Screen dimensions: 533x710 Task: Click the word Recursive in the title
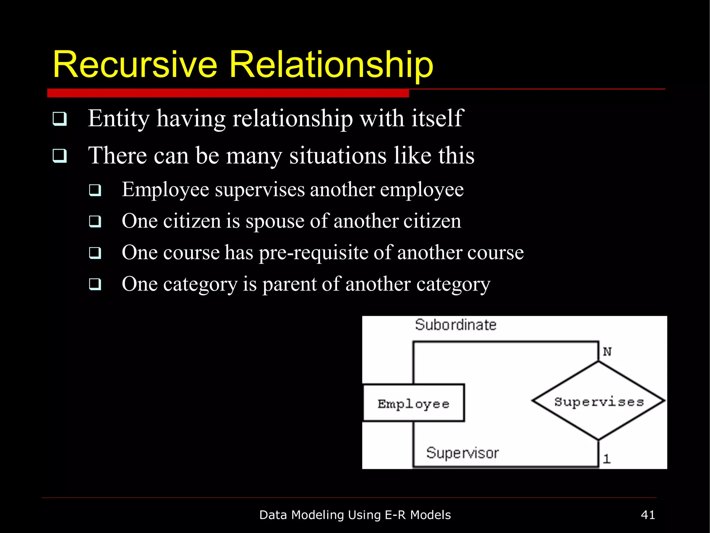click(x=135, y=65)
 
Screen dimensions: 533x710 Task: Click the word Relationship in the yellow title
click(x=331, y=65)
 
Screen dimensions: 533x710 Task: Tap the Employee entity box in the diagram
click(x=414, y=403)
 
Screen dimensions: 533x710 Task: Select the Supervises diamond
click(x=599, y=401)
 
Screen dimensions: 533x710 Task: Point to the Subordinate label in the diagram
click(x=456, y=325)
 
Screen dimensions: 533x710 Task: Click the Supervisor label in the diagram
click(x=462, y=453)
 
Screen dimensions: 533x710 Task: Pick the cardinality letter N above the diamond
click(x=607, y=352)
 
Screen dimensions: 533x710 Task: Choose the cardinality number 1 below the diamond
click(x=606, y=459)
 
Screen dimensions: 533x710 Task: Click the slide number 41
click(x=648, y=515)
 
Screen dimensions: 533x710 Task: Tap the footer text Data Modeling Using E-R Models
click(x=355, y=515)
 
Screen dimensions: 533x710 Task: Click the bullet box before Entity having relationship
click(x=60, y=119)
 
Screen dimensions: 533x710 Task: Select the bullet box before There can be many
click(x=60, y=155)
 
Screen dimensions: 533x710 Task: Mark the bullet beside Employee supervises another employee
click(x=95, y=190)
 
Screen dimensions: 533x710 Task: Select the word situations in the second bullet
click(x=338, y=155)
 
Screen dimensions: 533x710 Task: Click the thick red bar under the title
click(x=228, y=93)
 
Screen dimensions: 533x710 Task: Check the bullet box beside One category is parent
click(x=95, y=284)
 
